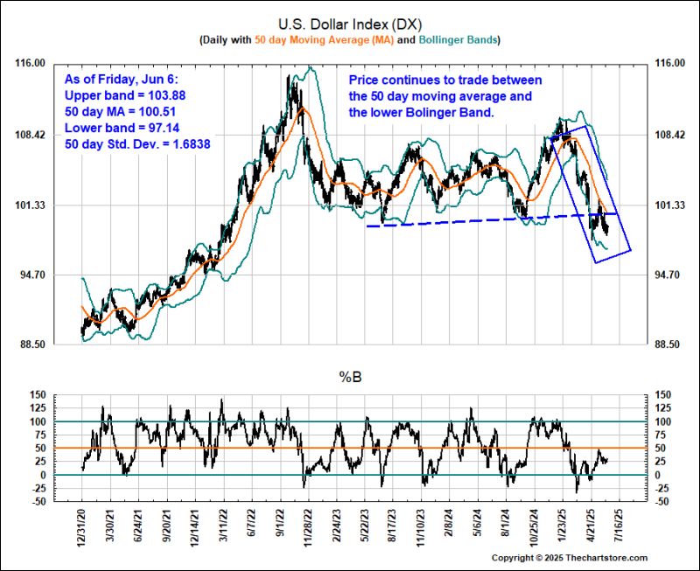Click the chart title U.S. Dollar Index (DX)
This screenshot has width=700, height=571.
coord(350,24)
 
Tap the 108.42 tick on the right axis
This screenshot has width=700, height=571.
coord(670,135)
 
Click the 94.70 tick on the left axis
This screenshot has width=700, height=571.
coord(32,275)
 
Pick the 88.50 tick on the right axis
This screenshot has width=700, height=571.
coord(670,345)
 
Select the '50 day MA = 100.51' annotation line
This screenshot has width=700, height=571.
coord(122,111)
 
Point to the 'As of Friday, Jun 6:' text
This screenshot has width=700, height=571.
coord(120,79)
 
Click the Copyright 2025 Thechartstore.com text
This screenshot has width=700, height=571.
coord(569,558)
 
